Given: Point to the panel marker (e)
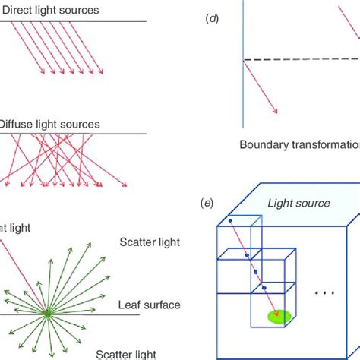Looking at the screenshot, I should pyautogui.click(x=205, y=203).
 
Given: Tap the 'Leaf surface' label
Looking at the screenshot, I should pyautogui.click(x=150, y=305).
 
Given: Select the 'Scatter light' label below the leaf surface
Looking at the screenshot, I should pyautogui.click(x=125, y=353).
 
